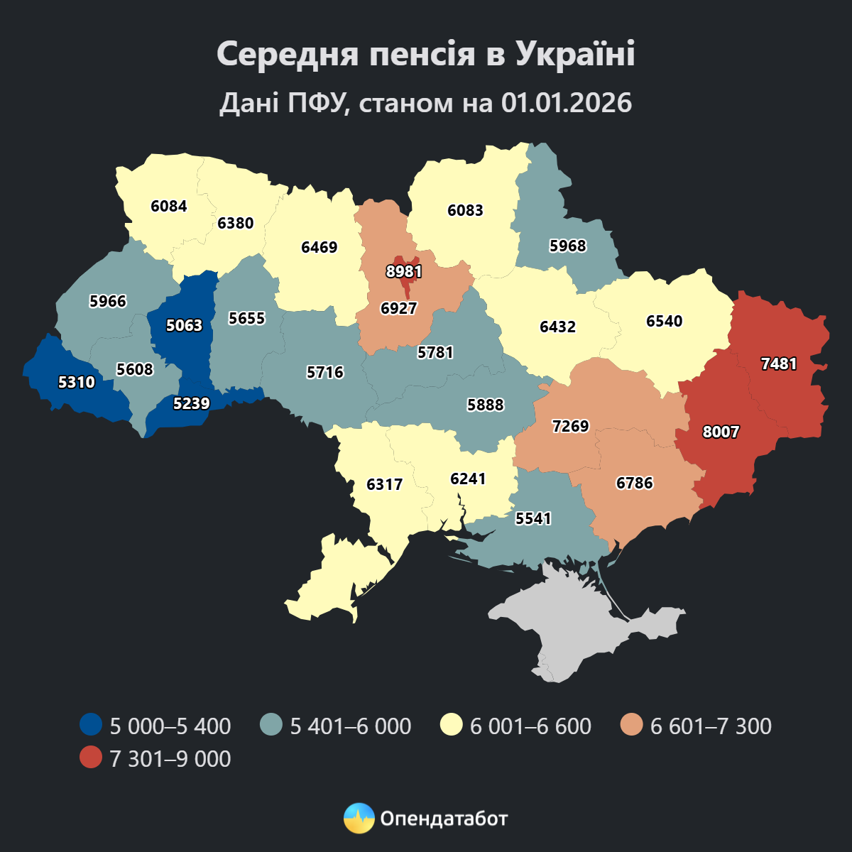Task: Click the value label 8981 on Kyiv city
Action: coord(404,271)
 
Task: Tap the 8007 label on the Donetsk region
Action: coord(721,432)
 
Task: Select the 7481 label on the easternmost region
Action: coord(779,364)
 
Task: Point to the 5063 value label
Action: coord(184,325)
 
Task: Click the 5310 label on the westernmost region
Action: coord(76,382)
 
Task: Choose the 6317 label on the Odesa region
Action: coord(384,484)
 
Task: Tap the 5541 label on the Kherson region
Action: coord(533,518)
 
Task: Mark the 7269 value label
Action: coord(570,426)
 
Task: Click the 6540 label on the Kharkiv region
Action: coord(664,321)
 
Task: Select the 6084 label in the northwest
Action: coord(169,206)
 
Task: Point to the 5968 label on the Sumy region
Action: coord(568,246)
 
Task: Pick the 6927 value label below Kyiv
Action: coord(398,308)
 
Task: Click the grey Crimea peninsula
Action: coord(582,625)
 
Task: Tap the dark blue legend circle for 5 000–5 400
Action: coord(91,726)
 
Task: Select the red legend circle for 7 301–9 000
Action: coord(91,758)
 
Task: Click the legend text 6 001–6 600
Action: coord(530,726)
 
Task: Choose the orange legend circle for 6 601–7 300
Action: coord(631,726)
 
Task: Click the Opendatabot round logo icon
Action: coord(359,819)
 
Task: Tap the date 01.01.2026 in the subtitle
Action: coord(566,103)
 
